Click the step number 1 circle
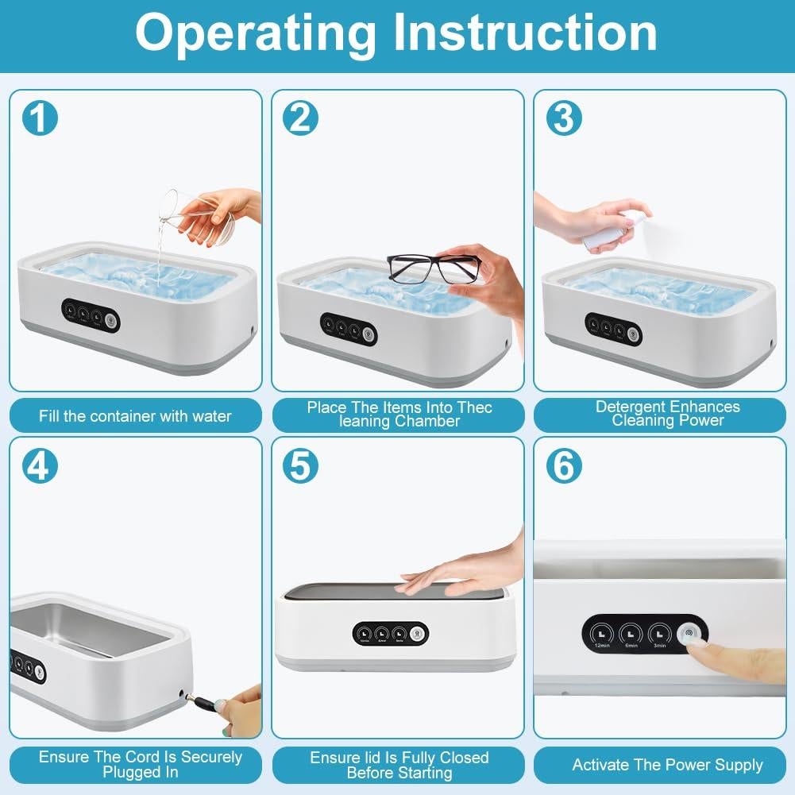40,118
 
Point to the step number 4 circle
40,466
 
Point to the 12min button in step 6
601,634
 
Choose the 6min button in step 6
631,634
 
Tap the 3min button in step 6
660,634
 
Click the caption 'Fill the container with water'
135,416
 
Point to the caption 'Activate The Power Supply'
667,766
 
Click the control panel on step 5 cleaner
391,633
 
